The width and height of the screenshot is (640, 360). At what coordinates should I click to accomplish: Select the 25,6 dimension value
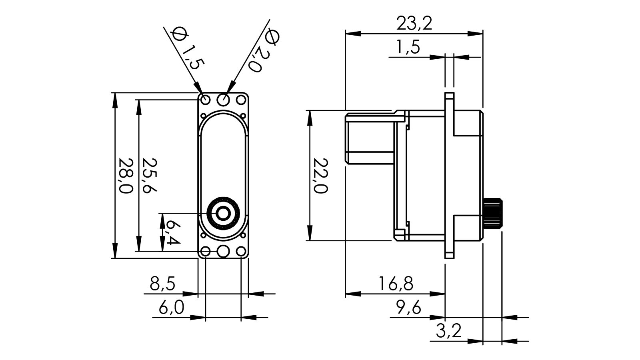click(x=150, y=175)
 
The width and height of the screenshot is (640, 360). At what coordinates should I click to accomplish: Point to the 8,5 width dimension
click(x=162, y=284)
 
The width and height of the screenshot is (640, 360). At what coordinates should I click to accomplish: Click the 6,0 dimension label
click(x=171, y=308)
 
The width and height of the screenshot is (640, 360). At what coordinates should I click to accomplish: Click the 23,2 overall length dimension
click(x=414, y=24)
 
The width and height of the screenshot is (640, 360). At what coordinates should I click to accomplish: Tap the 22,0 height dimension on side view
click(x=320, y=175)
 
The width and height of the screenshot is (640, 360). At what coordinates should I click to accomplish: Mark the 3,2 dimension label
click(x=448, y=332)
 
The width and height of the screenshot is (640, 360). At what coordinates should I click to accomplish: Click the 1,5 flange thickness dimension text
click(x=408, y=48)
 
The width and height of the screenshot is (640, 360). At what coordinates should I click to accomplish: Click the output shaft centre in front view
click(x=223, y=214)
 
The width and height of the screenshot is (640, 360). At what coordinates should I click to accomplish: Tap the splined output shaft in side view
click(x=493, y=213)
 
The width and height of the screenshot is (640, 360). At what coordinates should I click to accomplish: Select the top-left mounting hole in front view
click(x=205, y=99)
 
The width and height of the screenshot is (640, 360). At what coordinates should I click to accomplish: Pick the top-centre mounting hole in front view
click(x=223, y=98)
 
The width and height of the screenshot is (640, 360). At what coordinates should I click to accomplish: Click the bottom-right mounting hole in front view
click(x=240, y=252)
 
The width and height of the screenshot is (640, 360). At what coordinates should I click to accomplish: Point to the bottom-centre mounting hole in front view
click(x=223, y=252)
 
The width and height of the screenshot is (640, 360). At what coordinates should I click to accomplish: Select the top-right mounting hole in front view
click(x=240, y=99)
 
